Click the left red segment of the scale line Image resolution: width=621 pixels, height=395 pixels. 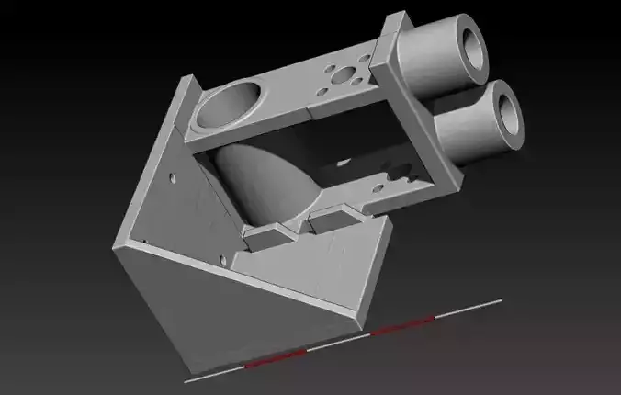tap(274, 359)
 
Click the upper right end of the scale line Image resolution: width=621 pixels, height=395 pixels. tap(500, 299)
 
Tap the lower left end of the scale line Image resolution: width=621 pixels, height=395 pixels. tap(186, 378)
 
